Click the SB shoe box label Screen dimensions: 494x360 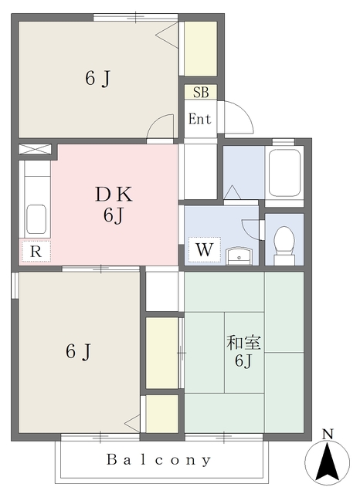(200, 93)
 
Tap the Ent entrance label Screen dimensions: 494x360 (199, 119)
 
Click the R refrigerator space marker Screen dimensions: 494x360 (36, 250)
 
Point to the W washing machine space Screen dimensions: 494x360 (203, 250)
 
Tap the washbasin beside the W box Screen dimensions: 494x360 (240, 255)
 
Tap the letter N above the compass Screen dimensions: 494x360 (328, 434)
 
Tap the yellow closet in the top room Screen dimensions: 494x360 (199, 49)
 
